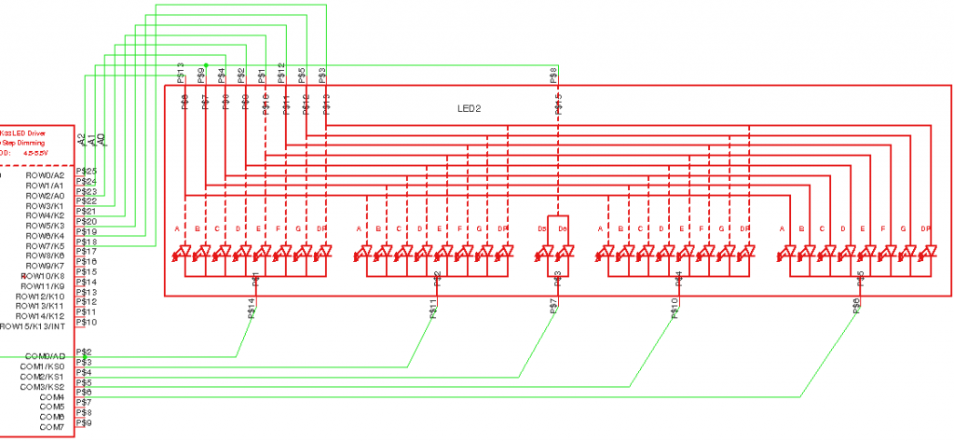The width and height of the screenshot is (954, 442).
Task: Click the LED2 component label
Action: point(469,109)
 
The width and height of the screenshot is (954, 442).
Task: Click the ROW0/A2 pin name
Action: point(45,175)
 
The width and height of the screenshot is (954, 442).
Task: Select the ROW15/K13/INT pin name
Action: point(33,326)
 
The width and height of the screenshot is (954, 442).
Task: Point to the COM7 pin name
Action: point(52,427)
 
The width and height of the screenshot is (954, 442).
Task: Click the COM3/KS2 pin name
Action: point(42,387)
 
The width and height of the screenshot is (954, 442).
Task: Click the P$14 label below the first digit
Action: point(252,309)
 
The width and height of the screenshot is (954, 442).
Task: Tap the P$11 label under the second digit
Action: point(434,309)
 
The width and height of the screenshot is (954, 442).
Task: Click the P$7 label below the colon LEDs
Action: point(553,307)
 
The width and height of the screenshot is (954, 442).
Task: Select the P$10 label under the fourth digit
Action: point(674,309)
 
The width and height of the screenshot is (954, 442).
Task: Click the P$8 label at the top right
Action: point(553,74)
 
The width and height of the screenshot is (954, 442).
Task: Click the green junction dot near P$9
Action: point(206,65)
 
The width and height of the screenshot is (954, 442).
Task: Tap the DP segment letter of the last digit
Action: point(926,228)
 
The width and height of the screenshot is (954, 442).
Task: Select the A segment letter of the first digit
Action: point(177,228)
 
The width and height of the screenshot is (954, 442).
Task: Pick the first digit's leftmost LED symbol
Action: point(184,252)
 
